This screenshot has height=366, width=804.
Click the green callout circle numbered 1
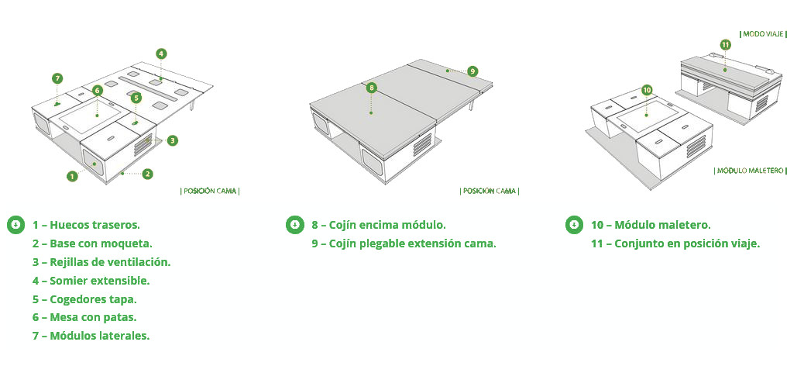pyautogui.click(x=72, y=176)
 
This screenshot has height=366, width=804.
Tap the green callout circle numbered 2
pyautogui.click(x=148, y=174)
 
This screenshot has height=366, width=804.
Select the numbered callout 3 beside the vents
pyautogui.click(x=173, y=140)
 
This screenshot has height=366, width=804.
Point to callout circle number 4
pyautogui.click(x=161, y=54)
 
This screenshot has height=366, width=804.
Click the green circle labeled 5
pyautogui.click(x=136, y=98)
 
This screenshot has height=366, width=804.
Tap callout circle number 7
pyautogui.click(x=57, y=78)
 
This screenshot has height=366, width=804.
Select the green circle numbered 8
pyautogui.click(x=372, y=88)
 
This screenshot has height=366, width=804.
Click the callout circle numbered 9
pyautogui.click(x=472, y=71)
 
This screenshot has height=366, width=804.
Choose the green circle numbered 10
pyautogui.click(x=647, y=90)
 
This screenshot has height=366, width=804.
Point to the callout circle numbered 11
pyautogui.click(x=725, y=45)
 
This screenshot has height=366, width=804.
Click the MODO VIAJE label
pyautogui.click(x=763, y=34)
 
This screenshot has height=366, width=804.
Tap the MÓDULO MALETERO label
pyautogui.click(x=750, y=171)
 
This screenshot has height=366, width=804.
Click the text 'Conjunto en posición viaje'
pyautogui.click(x=687, y=243)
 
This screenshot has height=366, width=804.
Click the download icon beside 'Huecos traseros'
pyautogui.click(x=16, y=225)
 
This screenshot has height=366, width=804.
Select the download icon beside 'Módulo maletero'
pyautogui.click(x=574, y=225)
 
